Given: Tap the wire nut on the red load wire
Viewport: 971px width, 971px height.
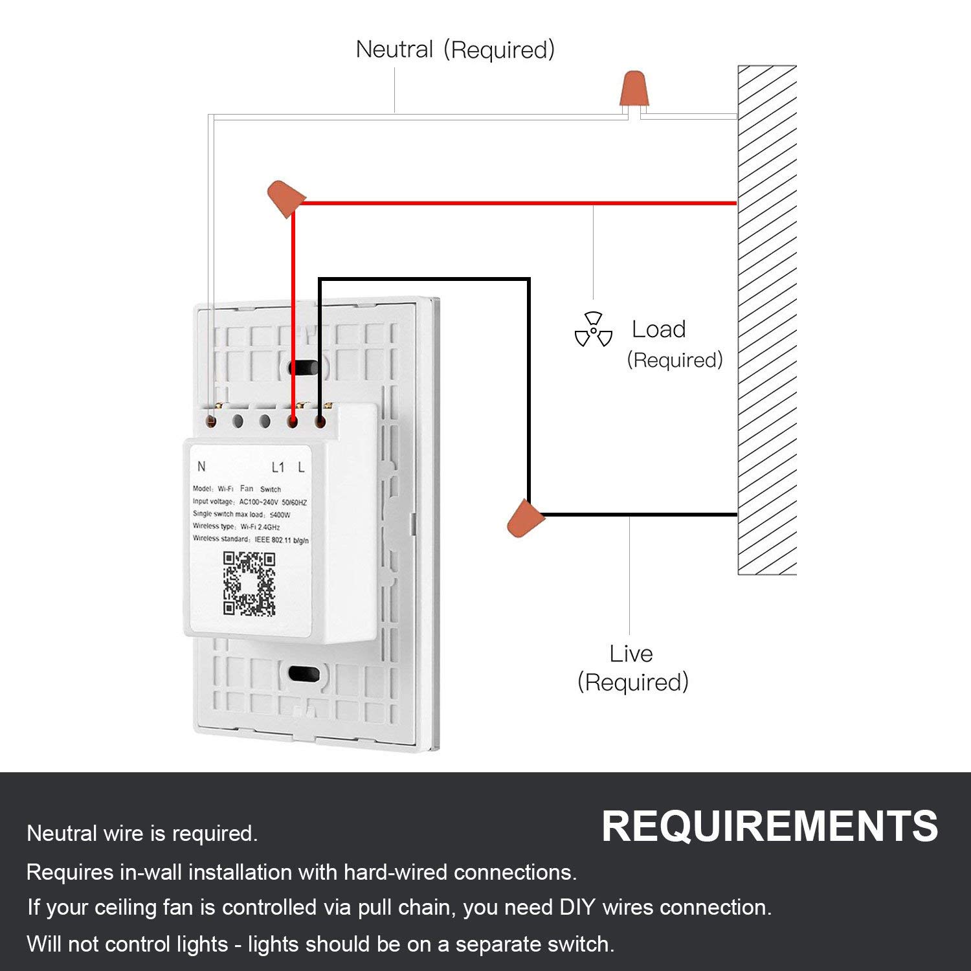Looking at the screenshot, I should tap(285, 197).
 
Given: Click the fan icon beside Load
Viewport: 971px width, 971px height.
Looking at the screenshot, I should tap(593, 329).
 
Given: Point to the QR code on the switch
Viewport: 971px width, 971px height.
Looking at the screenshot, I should tap(249, 583).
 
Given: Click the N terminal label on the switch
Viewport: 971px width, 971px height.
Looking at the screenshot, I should tap(201, 467).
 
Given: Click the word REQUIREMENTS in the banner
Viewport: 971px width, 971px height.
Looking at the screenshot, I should tap(769, 827).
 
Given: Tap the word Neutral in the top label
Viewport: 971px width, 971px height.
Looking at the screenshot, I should tap(394, 50).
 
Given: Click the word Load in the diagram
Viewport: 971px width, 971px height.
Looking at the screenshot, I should tap(658, 329).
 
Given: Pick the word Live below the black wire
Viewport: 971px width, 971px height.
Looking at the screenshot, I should tap(631, 654).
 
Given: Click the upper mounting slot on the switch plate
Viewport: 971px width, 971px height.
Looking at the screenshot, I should tap(304, 368).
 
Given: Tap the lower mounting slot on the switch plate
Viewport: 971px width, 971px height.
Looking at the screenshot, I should tap(304, 674).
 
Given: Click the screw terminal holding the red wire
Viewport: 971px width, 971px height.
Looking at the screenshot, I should tap(293, 422).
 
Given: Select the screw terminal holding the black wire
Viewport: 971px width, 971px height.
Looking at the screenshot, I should tap(320, 422).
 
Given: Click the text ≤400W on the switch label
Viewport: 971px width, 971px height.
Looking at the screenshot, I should tap(279, 515).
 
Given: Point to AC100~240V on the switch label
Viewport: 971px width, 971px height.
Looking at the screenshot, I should tap(258, 502).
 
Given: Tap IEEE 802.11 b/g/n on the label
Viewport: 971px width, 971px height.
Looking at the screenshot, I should tap(282, 540).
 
